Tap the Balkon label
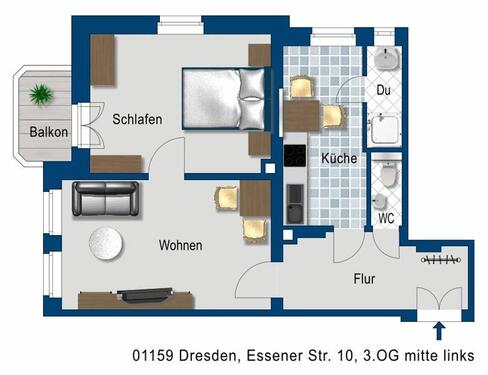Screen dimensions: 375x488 pyautogui.click(x=48, y=132)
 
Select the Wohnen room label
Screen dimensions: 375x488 pyautogui.click(x=180, y=245)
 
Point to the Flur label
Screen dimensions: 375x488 pyautogui.click(x=362, y=279)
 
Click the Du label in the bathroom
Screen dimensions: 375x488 pyautogui.click(x=383, y=90)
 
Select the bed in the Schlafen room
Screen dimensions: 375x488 pyautogui.click(x=225, y=98)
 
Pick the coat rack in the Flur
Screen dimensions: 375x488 pyautogui.click(x=441, y=262)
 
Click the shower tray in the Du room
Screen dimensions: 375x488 pyautogui.click(x=386, y=128)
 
